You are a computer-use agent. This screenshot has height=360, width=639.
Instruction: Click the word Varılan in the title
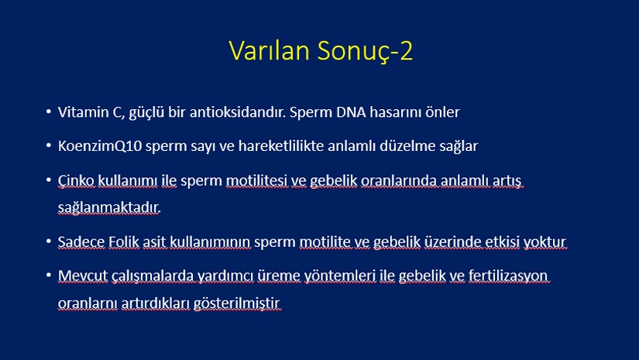[269, 50]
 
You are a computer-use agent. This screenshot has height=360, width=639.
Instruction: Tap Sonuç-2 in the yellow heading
[365, 51]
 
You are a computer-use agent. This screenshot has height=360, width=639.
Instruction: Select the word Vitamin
[83, 112]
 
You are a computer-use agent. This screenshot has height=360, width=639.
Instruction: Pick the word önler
[442, 112]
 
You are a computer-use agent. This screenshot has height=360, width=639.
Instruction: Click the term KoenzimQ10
[100, 146]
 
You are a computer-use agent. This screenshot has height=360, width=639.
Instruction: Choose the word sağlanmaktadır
[109, 207]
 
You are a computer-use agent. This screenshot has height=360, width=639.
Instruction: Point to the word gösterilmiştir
[237, 303]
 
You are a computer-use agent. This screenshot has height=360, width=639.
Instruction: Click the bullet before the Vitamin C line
[49, 111]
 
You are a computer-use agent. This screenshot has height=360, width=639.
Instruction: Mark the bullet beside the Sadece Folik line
[49, 241]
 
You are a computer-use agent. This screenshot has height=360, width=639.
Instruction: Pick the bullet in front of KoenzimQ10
[49, 145]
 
